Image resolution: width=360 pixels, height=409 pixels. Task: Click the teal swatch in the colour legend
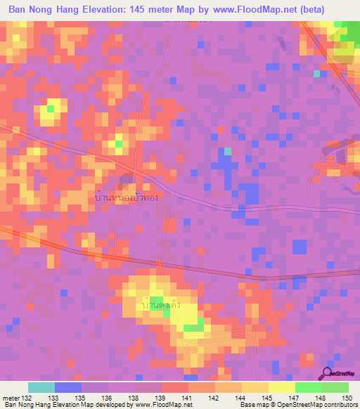click(x=41, y=387)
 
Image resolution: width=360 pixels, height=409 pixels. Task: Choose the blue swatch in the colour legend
click(x=68, y=387)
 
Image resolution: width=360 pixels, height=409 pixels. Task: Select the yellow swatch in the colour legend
click(x=282, y=387)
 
